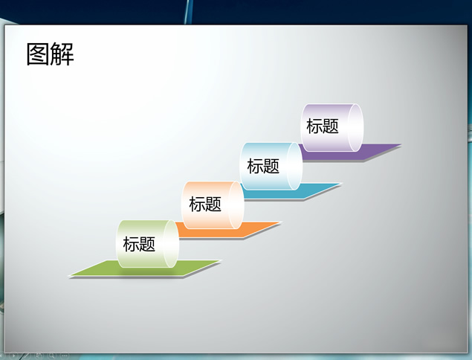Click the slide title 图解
51,54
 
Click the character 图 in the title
38,54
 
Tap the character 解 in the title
62,54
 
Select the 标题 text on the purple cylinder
323,126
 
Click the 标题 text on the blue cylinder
263,166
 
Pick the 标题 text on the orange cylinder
205,204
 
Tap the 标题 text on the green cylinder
139,244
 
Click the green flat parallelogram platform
144,269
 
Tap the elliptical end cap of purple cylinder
355,127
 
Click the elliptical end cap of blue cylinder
294,167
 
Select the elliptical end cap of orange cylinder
236,205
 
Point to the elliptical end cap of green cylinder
171,244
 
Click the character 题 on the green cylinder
147,244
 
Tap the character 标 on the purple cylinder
314,126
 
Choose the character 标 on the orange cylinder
197,204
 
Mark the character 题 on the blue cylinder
271,166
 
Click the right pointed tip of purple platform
401,144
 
